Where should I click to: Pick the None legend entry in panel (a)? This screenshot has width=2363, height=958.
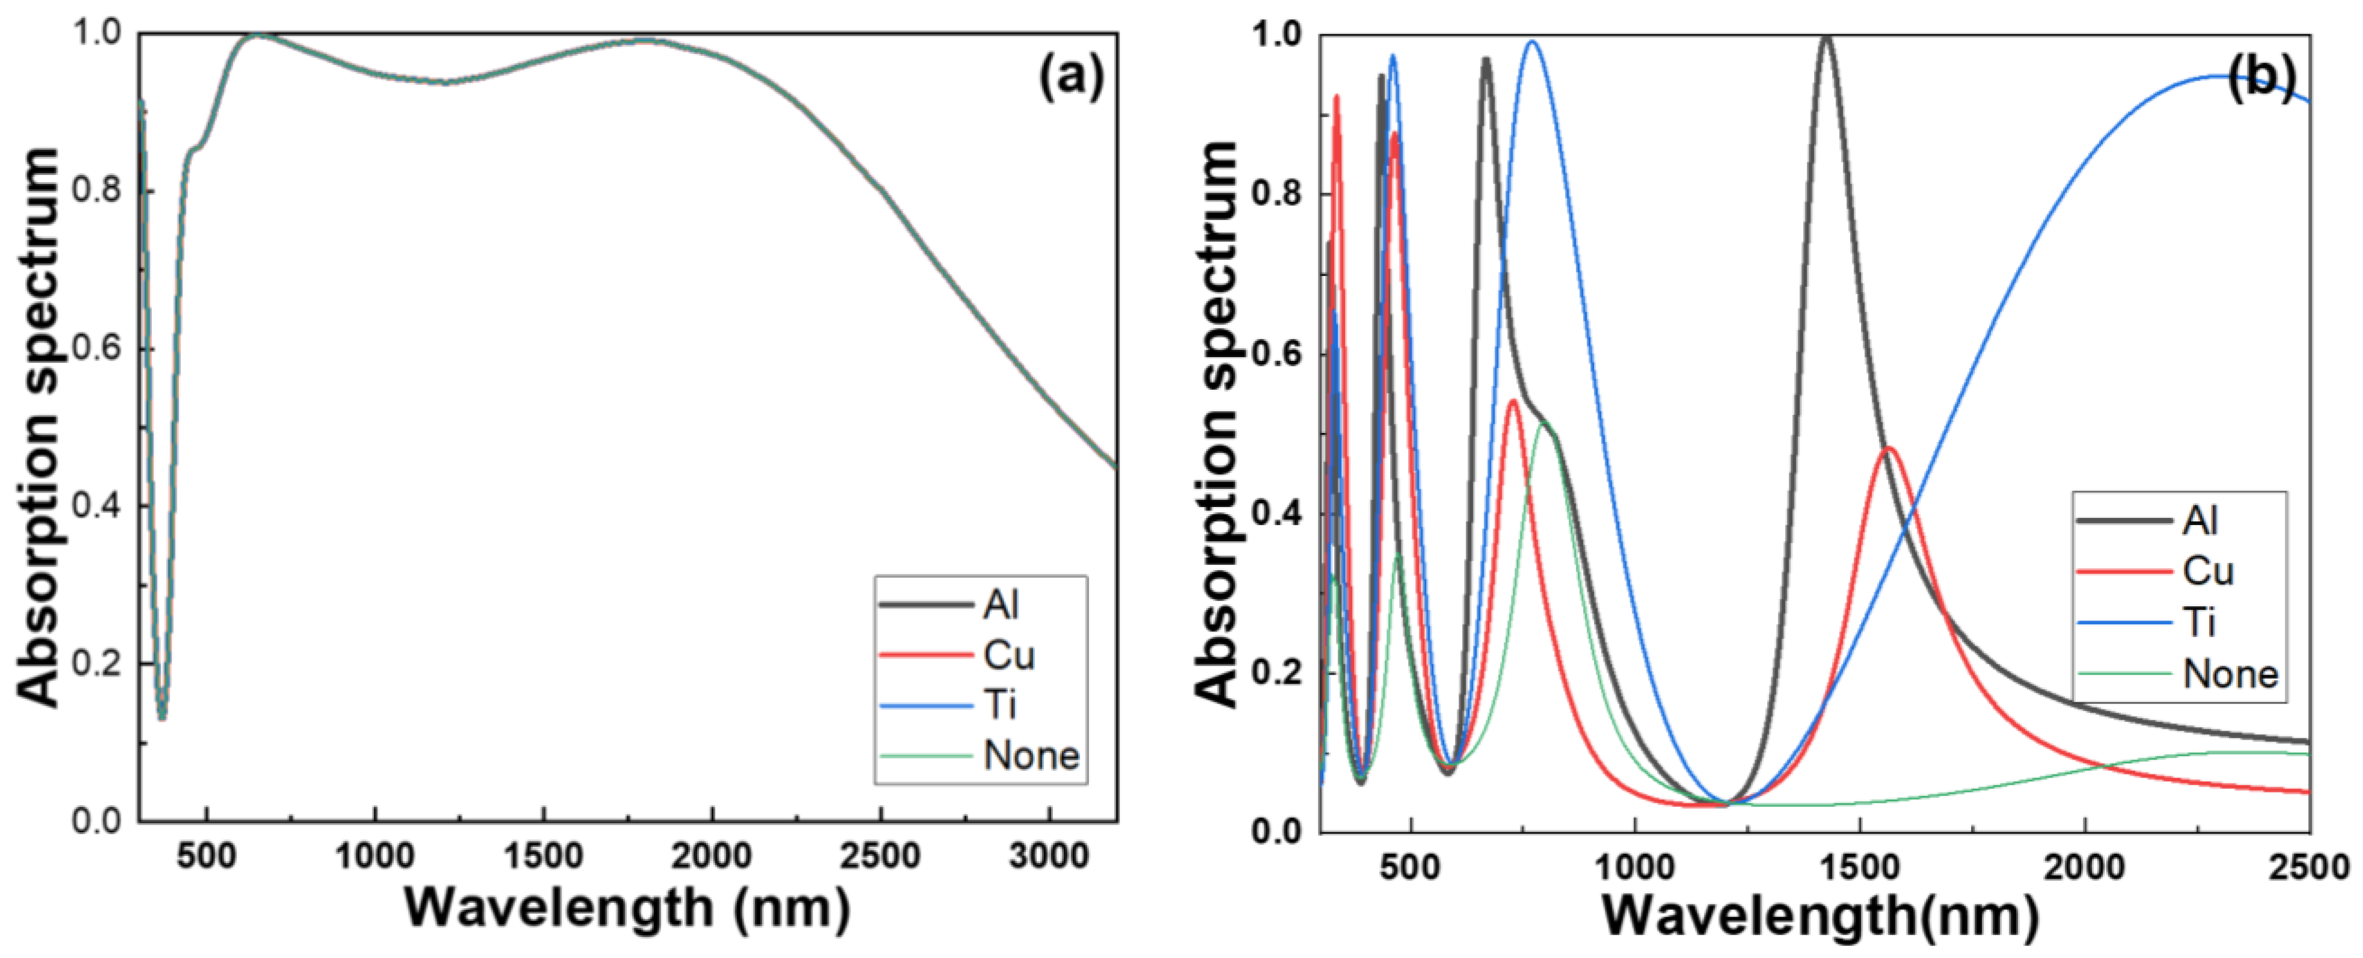tap(1031, 755)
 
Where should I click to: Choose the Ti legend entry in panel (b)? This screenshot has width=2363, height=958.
tap(2200, 623)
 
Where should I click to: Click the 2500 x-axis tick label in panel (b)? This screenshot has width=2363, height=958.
tap(2309, 867)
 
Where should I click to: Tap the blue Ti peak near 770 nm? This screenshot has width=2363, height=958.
tap(1531, 42)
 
